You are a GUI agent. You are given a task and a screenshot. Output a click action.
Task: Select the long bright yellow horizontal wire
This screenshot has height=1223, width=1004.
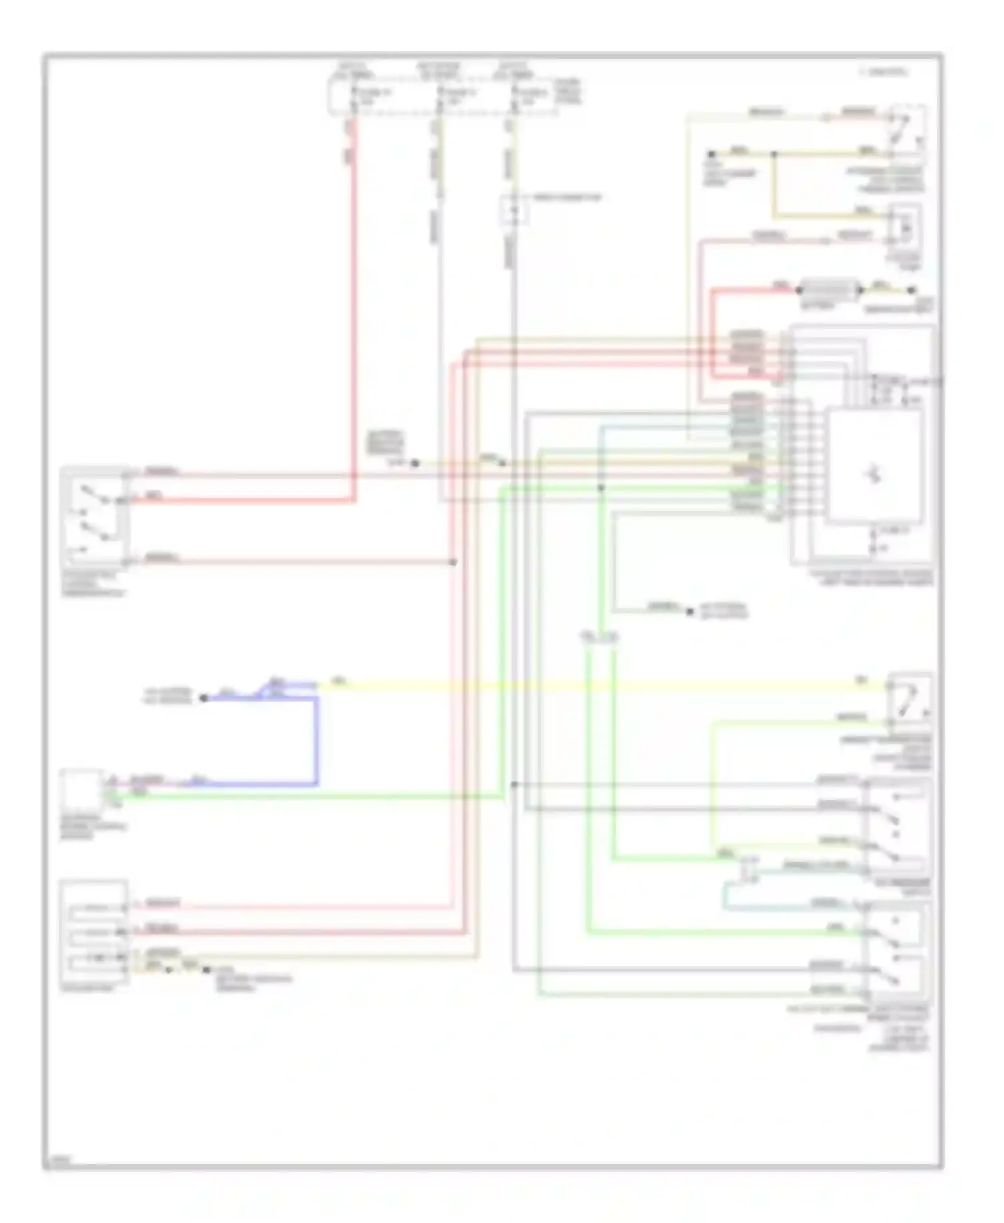[x=602, y=685]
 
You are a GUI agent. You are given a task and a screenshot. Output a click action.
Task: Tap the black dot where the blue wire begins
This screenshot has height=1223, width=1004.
[x=203, y=698]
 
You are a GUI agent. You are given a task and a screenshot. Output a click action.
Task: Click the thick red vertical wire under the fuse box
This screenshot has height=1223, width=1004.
[x=353, y=301]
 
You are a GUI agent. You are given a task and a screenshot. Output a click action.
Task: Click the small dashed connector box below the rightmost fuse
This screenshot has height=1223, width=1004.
[x=515, y=210]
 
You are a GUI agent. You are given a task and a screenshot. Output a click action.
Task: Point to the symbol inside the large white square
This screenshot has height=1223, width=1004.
[x=873, y=474]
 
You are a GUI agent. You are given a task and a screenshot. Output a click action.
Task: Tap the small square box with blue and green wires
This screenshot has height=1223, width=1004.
[x=80, y=789]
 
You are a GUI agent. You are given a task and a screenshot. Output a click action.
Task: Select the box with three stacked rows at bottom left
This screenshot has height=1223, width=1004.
[x=94, y=934]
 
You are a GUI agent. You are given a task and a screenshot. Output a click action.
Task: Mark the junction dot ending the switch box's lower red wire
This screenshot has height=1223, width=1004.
[x=453, y=562]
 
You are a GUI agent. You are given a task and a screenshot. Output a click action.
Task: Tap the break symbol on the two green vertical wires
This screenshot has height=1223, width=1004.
[x=599, y=638]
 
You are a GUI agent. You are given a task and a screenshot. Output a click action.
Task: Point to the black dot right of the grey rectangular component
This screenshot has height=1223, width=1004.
[x=911, y=290]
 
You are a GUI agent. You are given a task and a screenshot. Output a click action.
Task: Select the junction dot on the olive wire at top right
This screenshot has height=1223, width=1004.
[x=774, y=155]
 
